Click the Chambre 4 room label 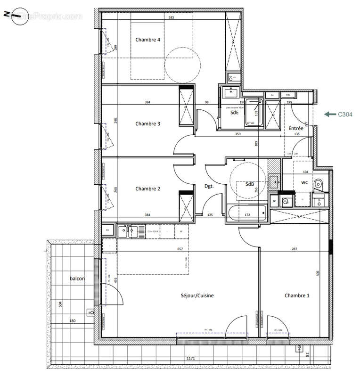pyautogui.click(x=148, y=40)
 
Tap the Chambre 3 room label pyautogui.click(x=148, y=124)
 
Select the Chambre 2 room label pyautogui.click(x=148, y=189)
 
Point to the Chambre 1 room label pyautogui.click(x=297, y=296)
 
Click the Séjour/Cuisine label pyautogui.click(x=197, y=296)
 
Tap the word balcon pyautogui.click(x=77, y=279)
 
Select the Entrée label pyautogui.click(x=296, y=128)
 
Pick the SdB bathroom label pyautogui.click(x=250, y=184)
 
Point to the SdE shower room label pyautogui.click(x=234, y=114)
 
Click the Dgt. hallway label pyautogui.click(x=209, y=186)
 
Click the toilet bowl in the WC pyautogui.click(x=319, y=184)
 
